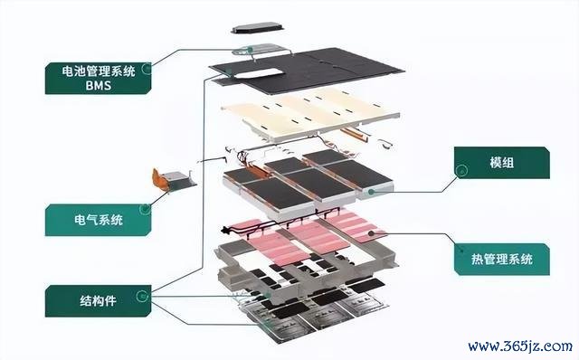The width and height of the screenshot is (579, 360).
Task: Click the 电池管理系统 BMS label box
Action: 98,78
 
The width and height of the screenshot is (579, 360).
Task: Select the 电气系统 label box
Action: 98,220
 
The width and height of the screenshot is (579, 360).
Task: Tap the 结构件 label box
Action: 98,300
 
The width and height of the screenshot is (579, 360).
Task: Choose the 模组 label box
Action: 502,163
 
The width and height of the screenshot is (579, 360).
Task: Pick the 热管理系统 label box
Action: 502,260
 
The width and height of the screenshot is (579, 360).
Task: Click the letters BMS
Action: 99,86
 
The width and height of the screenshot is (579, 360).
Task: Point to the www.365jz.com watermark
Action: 520,346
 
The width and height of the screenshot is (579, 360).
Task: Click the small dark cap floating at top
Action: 258,28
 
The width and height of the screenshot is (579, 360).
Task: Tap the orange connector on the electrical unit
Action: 158,179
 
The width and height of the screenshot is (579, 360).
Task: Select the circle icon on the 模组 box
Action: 461,171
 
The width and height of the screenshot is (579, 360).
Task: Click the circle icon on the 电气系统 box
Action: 145,209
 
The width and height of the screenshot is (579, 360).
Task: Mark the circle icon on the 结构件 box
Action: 142,296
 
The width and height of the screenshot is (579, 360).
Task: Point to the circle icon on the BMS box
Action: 147,69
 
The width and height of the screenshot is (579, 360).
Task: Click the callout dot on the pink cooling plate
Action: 371,233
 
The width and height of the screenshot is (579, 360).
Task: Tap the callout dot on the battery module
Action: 371,192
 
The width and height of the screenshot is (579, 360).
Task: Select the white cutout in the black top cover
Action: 260,73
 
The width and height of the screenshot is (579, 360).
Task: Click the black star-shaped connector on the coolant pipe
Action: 223,231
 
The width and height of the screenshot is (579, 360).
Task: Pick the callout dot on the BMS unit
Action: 250,50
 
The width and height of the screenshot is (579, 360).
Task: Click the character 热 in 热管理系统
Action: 478,260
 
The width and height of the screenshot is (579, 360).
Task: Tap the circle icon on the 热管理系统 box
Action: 461,250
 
